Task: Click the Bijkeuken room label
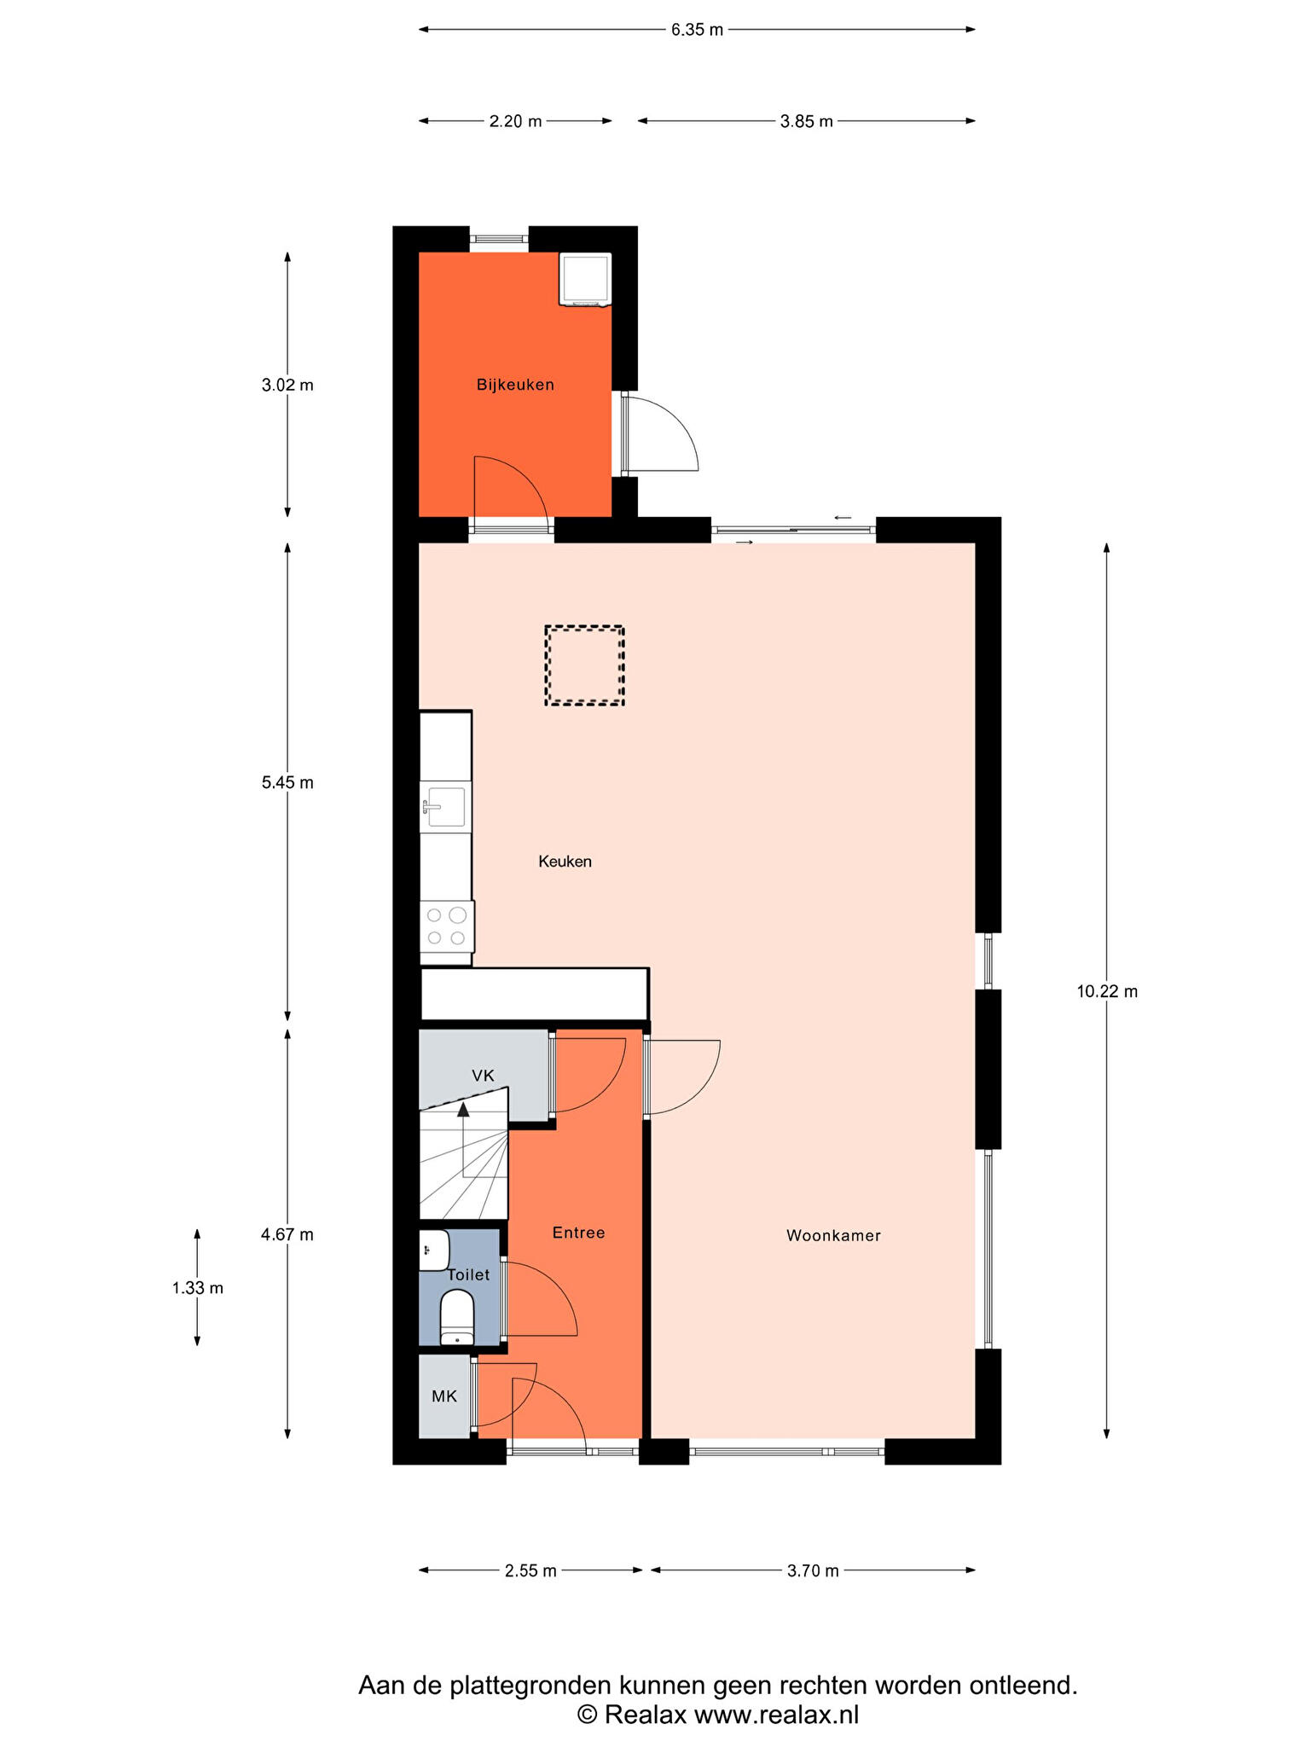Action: click(x=515, y=385)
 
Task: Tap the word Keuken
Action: click(x=565, y=862)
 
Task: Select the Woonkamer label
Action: click(x=833, y=1235)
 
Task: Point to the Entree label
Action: click(x=578, y=1233)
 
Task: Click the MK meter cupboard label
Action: click(x=444, y=1396)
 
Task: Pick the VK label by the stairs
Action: click(x=483, y=1076)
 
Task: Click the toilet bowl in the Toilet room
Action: click(x=457, y=1317)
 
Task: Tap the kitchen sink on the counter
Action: click(x=444, y=808)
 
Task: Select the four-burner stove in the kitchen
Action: click(x=447, y=926)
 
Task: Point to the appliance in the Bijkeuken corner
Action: click(x=585, y=279)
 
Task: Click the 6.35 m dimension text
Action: click(x=697, y=30)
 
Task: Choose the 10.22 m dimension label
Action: click(x=1107, y=991)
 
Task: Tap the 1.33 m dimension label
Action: click(x=198, y=1288)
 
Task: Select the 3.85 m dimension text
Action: click(x=807, y=121)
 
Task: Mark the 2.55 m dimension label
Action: click(x=530, y=1570)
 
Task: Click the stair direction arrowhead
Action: click(x=463, y=1109)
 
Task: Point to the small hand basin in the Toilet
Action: click(x=434, y=1251)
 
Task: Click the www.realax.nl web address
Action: click(x=776, y=1715)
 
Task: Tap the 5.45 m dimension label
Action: click(x=287, y=782)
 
